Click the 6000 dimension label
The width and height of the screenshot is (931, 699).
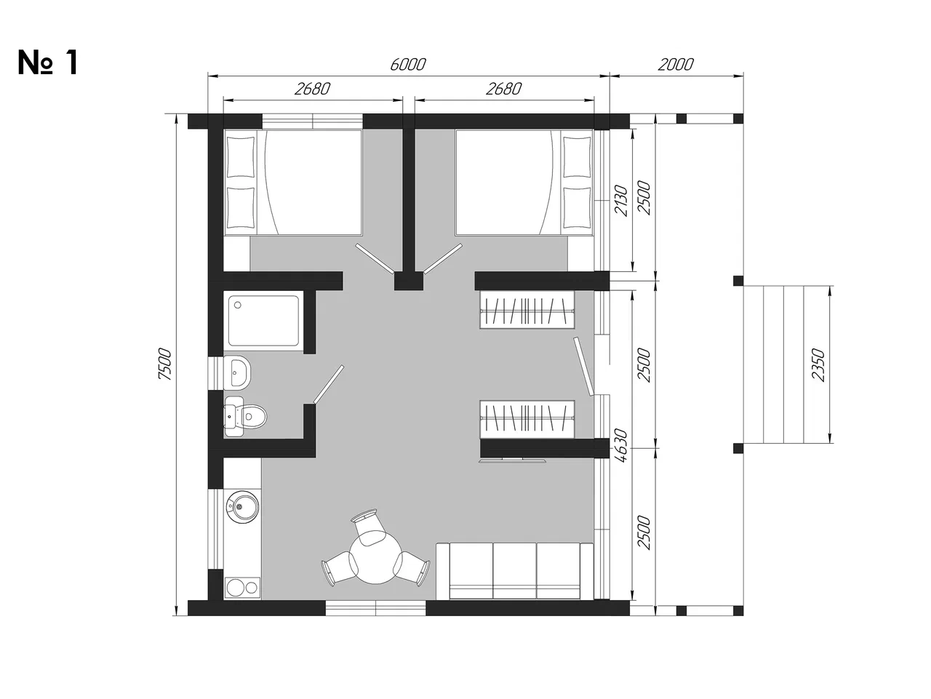tap(407, 65)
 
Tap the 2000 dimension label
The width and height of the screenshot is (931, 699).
tap(675, 65)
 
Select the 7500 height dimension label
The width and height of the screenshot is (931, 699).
tap(164, 364)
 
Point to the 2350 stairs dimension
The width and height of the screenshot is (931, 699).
tap(818, 364)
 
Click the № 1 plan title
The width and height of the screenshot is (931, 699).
tap(48, 63)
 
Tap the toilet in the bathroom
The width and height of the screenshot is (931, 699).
tap(245, 416)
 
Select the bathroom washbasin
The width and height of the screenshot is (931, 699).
tap(237, 373)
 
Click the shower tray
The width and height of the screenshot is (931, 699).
tap(263, 321)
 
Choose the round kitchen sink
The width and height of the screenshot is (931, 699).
tap(242, 507)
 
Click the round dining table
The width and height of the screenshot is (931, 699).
tap(376, 557)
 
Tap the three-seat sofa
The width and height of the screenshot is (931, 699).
tap(514, 571)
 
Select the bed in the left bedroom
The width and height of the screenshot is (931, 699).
tap(292, 183)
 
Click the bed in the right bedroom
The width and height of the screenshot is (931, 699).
tap(524, 183)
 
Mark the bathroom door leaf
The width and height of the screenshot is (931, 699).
tap(328, 384)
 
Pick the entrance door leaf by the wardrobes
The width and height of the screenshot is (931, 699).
tap(584, 367)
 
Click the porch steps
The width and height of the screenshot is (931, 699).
tap(784, 364)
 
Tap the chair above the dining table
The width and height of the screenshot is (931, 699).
tap(367, 527)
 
